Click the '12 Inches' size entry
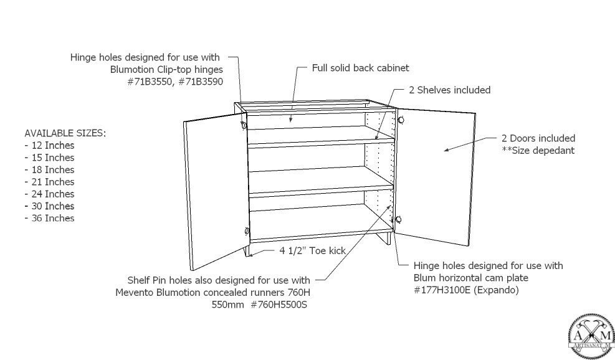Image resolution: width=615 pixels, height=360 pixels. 52,145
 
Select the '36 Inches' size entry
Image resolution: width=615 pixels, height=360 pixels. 52,218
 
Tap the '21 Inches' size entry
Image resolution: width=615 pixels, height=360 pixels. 52,182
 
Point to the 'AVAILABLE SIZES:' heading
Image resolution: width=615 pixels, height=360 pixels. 65,133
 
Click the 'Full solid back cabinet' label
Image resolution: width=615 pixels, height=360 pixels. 360,68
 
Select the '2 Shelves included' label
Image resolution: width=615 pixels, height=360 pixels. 449,90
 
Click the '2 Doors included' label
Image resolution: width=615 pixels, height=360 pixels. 538,138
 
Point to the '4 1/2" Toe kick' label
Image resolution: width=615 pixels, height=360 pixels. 312,251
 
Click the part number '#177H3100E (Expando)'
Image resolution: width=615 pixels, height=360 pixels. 466,290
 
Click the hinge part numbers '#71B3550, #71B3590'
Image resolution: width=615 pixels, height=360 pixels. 174,82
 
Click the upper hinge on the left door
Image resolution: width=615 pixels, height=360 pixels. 242,125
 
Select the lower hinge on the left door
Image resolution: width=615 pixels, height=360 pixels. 247,232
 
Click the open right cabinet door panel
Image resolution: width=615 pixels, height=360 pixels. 436,174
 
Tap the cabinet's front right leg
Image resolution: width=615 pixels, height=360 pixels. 388,240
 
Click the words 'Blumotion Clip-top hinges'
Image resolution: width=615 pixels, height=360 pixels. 166,69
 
